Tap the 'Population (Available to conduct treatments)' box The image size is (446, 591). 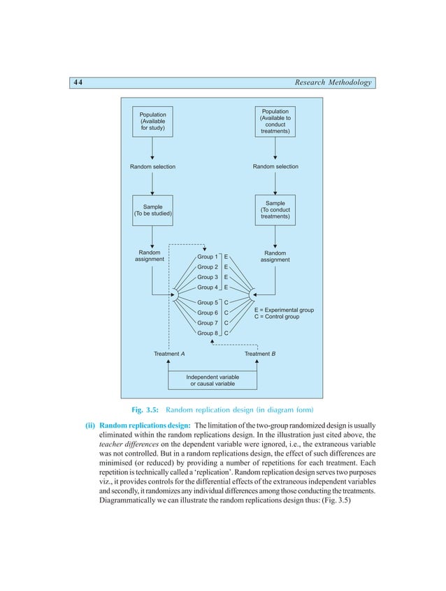[275, 121]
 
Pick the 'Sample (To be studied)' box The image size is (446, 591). [152, 210]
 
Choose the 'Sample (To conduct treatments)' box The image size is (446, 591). [275, 210]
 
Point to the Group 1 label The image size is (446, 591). [208, 257]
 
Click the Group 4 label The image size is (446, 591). [208, 287]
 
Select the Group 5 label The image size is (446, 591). [208, 303]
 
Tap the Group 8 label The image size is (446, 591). [208, 334]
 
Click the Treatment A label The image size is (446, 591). [169, 354]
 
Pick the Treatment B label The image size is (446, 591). [260, 354]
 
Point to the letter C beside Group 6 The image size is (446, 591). [226, 313]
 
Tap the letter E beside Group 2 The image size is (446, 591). [226, 267]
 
